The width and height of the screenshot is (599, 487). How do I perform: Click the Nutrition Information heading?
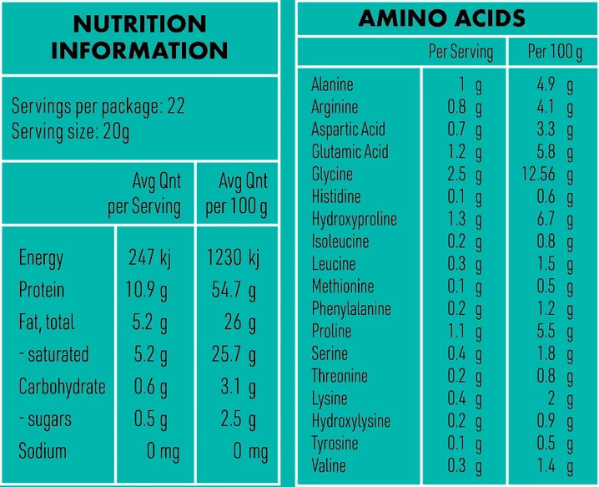[139, 36]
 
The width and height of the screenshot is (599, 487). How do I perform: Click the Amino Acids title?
[441, 18]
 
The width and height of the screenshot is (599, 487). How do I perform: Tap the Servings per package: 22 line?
[98, 107]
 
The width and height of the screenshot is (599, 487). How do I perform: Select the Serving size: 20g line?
[70, 131]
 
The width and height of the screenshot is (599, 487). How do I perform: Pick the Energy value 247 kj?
[150, 258]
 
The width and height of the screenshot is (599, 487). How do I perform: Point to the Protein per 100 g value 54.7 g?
[234, 291]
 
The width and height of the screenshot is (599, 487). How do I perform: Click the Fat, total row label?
[47, 322]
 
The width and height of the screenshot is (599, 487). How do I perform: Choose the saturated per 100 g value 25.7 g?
[234, 355]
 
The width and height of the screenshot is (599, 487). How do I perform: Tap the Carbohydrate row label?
[63, 388]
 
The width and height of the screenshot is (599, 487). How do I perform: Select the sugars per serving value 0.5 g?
[151, 419]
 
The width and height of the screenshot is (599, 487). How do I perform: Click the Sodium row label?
[43, 452]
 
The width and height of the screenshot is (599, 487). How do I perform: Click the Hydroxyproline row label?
[354, 220]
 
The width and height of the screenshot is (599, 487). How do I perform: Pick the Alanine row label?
[332, 84]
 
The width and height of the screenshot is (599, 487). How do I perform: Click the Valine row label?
[328, 465]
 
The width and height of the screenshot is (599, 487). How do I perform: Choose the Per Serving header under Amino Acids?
[461, 52]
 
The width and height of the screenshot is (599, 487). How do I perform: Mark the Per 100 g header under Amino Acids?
[555, 52]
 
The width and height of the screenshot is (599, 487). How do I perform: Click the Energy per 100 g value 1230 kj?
[233, 258]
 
